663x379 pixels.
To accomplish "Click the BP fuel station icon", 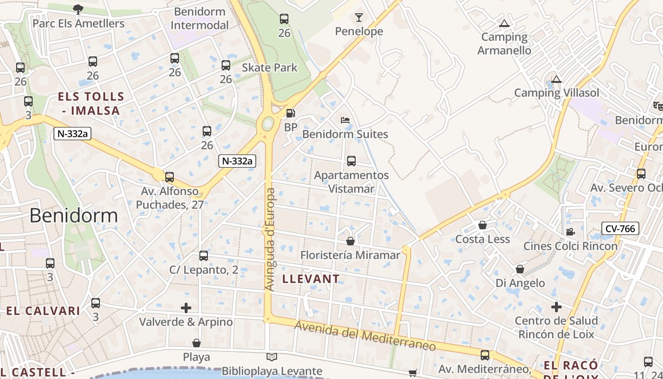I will [290, 113].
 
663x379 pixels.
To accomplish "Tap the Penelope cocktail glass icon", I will [359, 18].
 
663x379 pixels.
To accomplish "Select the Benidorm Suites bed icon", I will [345, 120].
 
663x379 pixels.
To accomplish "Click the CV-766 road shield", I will [620, 229].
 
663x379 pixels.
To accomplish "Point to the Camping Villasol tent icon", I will [556, 79].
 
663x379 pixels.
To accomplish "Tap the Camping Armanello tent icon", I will [504, 23].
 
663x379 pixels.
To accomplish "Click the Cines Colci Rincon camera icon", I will [570, 232].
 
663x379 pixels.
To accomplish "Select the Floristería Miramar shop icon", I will [350, 242].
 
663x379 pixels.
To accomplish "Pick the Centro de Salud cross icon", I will [556, 307].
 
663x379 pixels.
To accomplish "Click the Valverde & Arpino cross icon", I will [186, 308].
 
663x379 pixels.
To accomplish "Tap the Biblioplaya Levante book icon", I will [272, 357].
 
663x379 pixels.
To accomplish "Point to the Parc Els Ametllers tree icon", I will [78, 9].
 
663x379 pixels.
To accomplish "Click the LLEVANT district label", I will [311, 279].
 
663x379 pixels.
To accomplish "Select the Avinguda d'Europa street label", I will [269, 239].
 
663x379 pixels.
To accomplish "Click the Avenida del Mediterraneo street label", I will [365, 336].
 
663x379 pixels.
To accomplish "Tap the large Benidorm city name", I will [73, 216].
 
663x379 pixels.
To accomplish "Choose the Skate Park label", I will [269, 68].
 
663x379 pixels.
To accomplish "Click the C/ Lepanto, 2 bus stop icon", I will [204, 256].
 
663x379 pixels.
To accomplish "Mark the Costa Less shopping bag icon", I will [483, 225].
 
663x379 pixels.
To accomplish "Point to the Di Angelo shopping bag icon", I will [520, 270].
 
